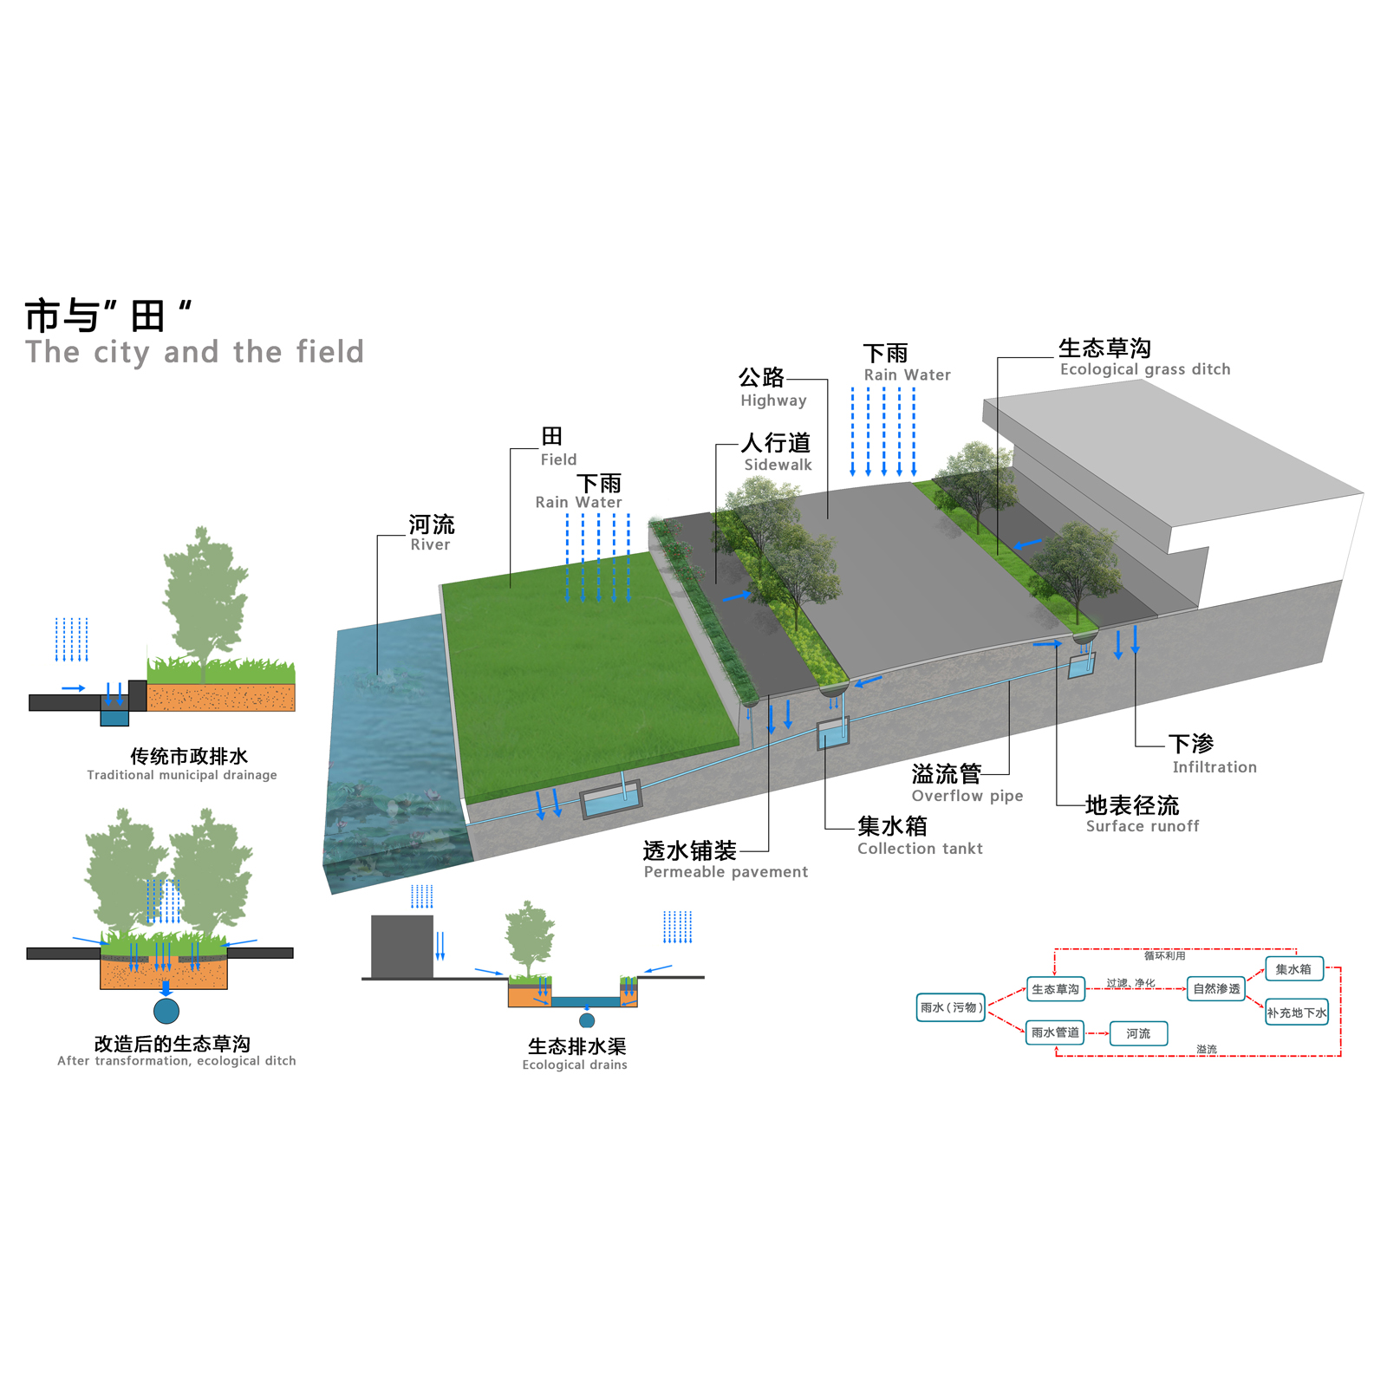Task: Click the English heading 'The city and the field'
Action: tap(194, 352)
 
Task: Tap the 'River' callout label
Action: tap(430, 544)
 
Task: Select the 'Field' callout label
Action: tap(558, 459)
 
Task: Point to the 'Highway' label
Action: tap(773, 400)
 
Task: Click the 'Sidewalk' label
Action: tap(778, 465)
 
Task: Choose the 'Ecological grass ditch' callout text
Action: tap(1145, 369)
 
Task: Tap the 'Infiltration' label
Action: tap(1214, 767)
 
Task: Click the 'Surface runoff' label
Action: tap(1143, 826)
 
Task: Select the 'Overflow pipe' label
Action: tap(967, 796)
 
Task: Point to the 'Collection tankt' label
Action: tap(920, 849)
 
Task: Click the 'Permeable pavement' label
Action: tap(726, 872)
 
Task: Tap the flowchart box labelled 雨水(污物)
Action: tap(951, 1007)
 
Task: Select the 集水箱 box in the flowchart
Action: tap(1294, 969)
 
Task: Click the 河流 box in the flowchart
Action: tap(1139, 1033)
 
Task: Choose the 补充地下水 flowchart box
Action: tap(1297, 1013)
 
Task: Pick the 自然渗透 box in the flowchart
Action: tap(1216, 989)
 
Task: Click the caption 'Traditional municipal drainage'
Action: tap(182, 775)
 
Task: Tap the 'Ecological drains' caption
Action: tap(575, 1065)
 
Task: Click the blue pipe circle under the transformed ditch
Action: tap(166, 1011)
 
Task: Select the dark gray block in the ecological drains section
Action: tap(402, 947)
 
